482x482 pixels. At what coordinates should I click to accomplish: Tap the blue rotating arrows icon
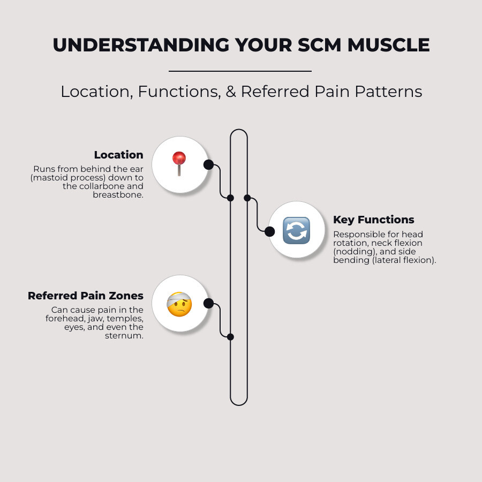tap(296, 230)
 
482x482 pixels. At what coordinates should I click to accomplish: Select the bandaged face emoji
tap(179, 304)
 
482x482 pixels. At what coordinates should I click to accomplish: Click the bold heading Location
tap(118, 155)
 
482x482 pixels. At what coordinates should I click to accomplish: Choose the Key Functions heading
tap(373, 220)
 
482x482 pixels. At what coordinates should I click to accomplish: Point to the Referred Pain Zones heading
tap(86, 296)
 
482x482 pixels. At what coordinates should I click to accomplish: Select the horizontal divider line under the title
tap(240, 71)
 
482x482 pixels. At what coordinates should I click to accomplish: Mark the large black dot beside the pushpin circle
tap(208, 164)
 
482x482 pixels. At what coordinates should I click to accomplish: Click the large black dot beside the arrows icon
tap(269, 231)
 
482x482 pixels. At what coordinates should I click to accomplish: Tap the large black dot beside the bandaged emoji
tap(208, 304)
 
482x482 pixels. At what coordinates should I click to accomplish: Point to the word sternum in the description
tap(124, 336)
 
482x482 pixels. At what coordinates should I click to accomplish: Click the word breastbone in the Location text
tap(118, 195)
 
